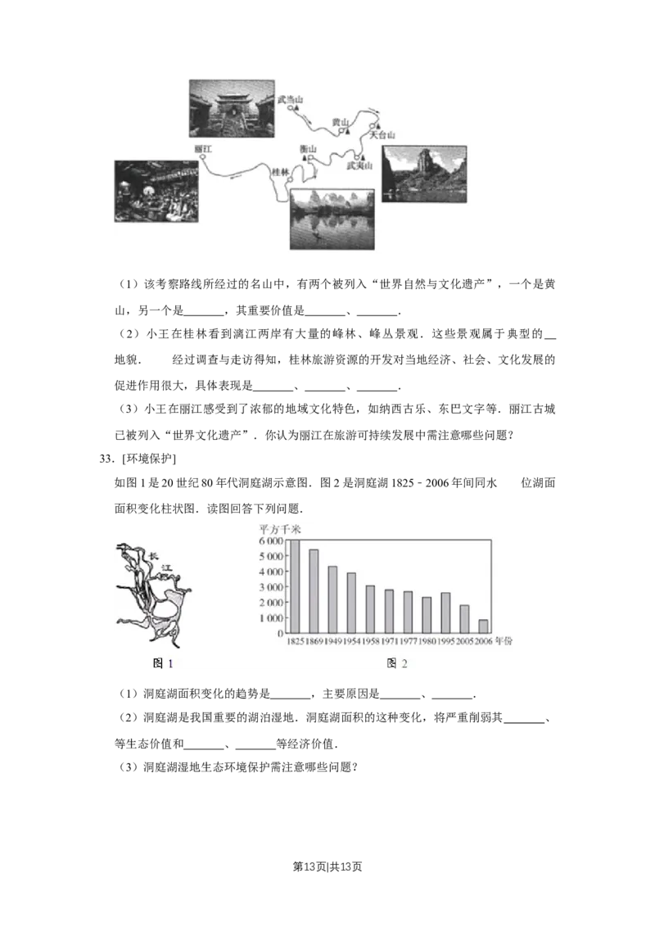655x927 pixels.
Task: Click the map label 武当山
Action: (291, 99)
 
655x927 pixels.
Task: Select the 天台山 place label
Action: (382, 134)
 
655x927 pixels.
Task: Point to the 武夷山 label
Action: (359, 165)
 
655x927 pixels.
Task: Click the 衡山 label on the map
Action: (308, 149)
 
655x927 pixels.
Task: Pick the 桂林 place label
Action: (280, 170)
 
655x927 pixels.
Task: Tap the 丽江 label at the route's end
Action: (204, 149)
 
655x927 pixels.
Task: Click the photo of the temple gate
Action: (231, 107)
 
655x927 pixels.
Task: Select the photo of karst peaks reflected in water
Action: (332, 219)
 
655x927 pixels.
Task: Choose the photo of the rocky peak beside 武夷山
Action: (424, 174)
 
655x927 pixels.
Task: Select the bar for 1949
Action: (332, 599)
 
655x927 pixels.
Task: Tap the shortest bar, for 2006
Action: (483, 626)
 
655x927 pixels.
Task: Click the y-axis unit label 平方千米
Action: (279, 527)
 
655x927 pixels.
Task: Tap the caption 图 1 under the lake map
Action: (164, 663)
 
